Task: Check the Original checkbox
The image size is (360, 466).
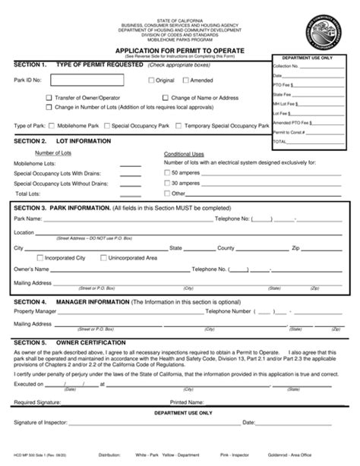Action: (x=150, y=80)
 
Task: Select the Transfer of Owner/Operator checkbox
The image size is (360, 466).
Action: (x=49, y=98)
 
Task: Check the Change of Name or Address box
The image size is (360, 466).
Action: (x=165, y=98)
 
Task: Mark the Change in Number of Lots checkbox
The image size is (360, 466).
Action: (x=49, y=108)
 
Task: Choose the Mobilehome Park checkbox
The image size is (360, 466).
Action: (x=43, y=124)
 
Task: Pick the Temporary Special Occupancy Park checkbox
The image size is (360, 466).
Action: (x=180, y=124)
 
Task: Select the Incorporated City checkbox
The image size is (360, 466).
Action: (x=39, y=258)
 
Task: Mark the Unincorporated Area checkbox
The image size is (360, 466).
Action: (x=103, y=258)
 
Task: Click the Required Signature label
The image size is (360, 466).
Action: (x=35, y=402)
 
